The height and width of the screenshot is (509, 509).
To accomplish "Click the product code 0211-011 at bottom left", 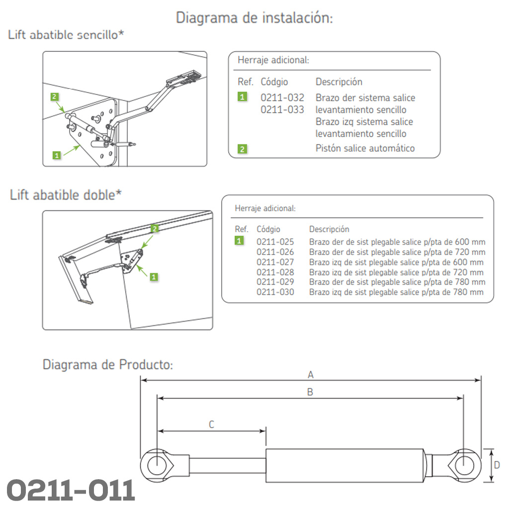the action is (71, 490).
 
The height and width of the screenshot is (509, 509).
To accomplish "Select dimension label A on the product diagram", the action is (311, 375).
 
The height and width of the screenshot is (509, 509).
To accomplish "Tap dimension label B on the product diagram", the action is (310, 392).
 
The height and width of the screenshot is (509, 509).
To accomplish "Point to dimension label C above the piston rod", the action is (211, 424).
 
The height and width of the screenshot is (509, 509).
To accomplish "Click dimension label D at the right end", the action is (497, 465).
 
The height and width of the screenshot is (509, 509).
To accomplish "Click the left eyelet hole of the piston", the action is (157, 465).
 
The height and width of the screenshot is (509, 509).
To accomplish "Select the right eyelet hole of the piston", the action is (464, 465).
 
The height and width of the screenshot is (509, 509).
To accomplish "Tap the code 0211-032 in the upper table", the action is (282, 97).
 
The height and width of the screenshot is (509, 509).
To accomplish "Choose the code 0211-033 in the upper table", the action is (282, 110).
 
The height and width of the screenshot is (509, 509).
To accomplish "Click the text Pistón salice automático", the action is (365, 148).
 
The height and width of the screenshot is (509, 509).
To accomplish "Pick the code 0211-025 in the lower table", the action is (275, 242).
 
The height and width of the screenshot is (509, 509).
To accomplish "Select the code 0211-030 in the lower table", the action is (275, 292).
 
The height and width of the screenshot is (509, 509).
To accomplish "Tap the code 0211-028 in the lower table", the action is (275, 272).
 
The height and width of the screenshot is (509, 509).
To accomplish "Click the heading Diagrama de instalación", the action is (254, 17).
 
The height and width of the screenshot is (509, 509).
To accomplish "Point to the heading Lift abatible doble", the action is (66, 195).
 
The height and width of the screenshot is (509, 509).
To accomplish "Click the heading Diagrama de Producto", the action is (108, 364).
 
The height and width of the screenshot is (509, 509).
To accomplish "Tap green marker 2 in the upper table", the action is (242, 149).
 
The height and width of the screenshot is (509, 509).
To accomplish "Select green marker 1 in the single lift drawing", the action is (57, 155).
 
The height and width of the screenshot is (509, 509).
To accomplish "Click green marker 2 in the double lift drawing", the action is (155, 229).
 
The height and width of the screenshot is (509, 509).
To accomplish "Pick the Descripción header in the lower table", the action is (329, 229).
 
